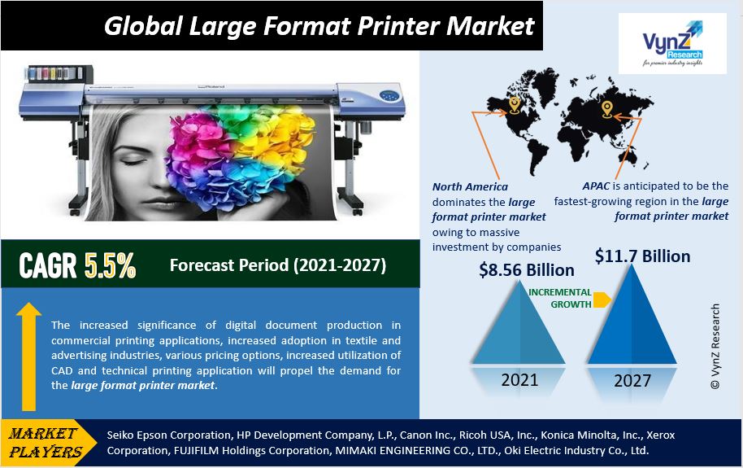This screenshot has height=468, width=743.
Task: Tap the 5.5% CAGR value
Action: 110,265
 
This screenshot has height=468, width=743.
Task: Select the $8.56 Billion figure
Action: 527,270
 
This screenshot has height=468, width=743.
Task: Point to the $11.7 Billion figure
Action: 642,256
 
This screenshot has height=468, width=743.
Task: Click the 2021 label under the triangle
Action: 519,380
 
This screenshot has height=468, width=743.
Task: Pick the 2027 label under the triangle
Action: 632,380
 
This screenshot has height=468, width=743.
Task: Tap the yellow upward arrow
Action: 29,356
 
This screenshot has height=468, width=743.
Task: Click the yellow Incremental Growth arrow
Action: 602,300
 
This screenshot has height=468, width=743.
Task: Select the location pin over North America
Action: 515,105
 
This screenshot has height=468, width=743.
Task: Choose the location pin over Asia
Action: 607,109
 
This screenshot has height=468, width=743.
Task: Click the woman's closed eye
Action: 134,162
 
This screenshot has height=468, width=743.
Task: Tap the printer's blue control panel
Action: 390,96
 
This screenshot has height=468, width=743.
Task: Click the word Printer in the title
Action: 398,25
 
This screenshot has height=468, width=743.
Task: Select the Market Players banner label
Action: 46,443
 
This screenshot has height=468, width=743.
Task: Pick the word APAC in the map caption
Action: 596,186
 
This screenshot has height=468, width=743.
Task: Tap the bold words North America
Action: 470,186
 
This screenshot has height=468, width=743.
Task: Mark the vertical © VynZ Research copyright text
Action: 715,347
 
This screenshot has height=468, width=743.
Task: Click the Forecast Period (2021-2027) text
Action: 278,265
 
